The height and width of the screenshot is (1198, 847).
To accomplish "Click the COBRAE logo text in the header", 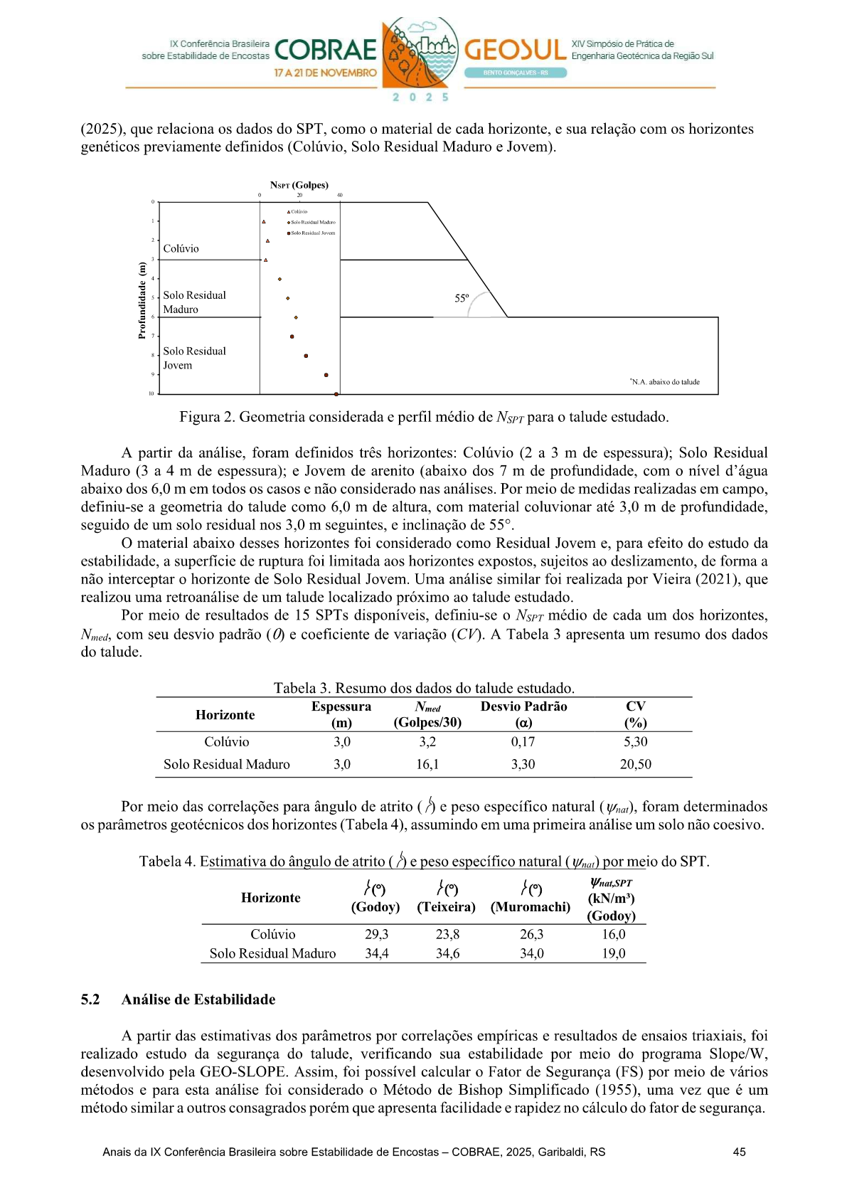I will (x=325, y=50).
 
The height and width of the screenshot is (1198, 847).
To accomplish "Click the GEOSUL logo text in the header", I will (x=516, y=50).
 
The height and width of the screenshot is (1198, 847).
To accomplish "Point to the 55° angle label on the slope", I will (x=462, y=299).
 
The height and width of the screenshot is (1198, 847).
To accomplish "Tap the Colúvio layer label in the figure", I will (x=181, y=249).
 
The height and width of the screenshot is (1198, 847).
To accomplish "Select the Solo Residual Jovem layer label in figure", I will (x=194, y=359).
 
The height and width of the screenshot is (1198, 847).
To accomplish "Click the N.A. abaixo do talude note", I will (x=665, y=382).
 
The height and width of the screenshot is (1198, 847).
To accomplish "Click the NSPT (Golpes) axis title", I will (x=299, y=185).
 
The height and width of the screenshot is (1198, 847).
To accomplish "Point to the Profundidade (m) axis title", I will (x=142, y=301).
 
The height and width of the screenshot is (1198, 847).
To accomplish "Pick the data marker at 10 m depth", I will (x=336, y=393).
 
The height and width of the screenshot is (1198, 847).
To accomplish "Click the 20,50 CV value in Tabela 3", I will (x=635, y=765).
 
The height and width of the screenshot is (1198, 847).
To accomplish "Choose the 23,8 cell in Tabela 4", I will (x=447, y=935).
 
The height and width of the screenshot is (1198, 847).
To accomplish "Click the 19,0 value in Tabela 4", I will (x=613, y=954).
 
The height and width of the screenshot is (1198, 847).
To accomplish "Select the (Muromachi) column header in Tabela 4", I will (x=531, y=907).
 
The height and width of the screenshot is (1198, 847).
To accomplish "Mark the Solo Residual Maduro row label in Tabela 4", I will (x=272, y=954).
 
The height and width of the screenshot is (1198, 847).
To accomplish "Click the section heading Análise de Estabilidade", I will (x=198, y=1000).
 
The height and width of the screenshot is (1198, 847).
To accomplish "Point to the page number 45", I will (x=739, y=1152).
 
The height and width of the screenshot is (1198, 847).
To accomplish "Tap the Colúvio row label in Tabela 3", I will (x=227, y=742).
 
